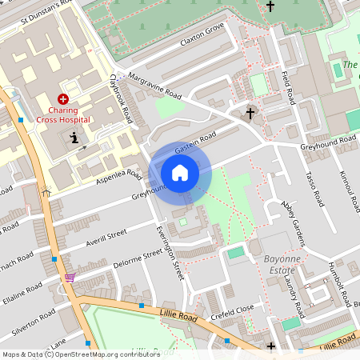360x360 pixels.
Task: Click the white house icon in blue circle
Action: (x=180, y=172)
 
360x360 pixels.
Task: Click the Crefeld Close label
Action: (x=233, y=308)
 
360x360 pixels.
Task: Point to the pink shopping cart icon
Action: (x=70, y=278)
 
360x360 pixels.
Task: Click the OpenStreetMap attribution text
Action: (x=82, y=354)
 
